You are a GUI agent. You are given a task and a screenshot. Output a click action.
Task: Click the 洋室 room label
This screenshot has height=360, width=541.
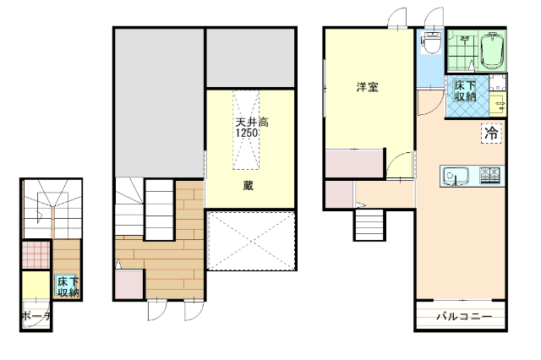tap(366, 86)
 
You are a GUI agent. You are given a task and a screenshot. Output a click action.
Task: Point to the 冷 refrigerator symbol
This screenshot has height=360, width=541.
tap(491, 133)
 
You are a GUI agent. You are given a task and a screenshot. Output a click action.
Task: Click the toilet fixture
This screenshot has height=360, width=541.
tap(431, 43)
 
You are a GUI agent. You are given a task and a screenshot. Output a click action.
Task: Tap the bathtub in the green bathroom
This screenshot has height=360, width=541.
tap(491, 53)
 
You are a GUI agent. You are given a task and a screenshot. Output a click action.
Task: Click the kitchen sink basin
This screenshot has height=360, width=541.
tap(456, 177)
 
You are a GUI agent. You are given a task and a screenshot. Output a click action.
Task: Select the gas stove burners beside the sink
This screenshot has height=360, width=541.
tap(490, 176)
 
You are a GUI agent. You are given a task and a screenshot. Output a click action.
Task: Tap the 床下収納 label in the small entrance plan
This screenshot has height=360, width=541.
tap(68, 286)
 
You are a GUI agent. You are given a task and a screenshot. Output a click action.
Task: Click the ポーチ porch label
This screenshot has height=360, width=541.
tap(36, 316)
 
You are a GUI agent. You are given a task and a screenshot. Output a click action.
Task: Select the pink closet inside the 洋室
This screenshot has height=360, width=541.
tap(352, 164)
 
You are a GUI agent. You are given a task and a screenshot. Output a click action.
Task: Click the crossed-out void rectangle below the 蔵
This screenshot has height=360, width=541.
tap(252, 240)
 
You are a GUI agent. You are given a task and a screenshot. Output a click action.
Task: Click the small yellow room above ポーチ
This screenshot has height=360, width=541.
tap(36, 285)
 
